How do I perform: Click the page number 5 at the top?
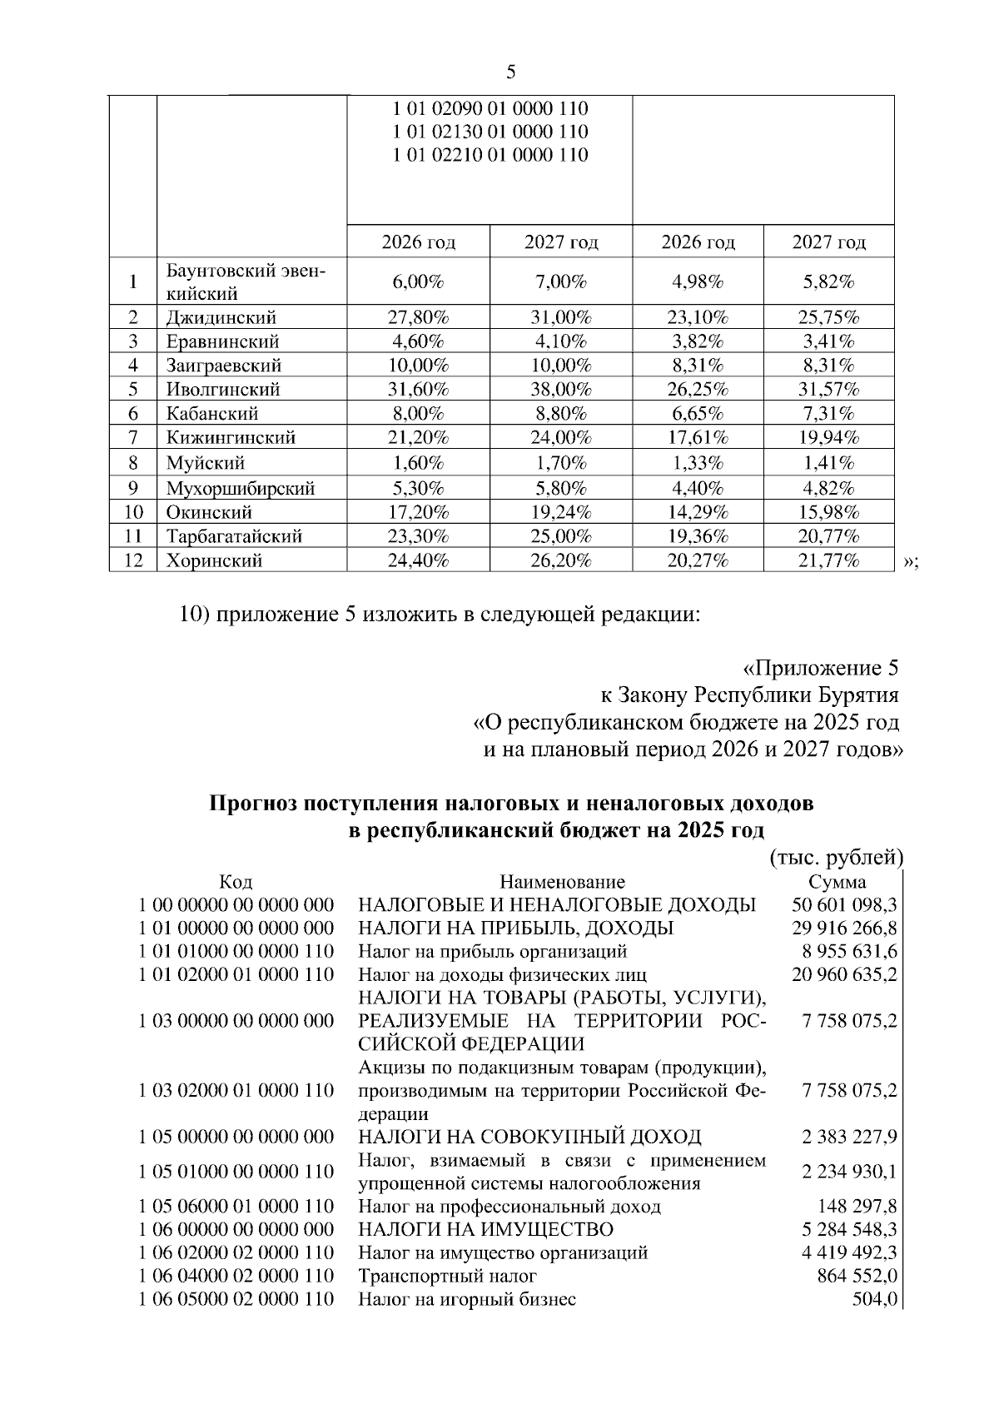click(x=510, y=72)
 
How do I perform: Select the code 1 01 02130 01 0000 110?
click(x=490, y=132)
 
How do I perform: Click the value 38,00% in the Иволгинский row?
click(x=560, y=389)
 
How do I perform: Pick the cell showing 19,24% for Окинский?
click(x=560, y=512)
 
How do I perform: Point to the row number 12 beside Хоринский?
click(x=133, y=560)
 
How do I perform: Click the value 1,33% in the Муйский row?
click(x=698, y=463)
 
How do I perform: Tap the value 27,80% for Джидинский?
click(x=418, y=317)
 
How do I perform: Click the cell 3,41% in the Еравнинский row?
click(x=828, y=341)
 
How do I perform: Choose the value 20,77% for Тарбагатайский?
click(x=828, y=536)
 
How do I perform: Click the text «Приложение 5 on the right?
click(x=820, y=669)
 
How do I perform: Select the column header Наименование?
click(x=562, y=882)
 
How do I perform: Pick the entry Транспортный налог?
click(x=447, y=1275)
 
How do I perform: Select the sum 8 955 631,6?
click(x=844, y=951)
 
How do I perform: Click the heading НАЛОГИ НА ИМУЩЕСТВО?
click(x=485, y=1229)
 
